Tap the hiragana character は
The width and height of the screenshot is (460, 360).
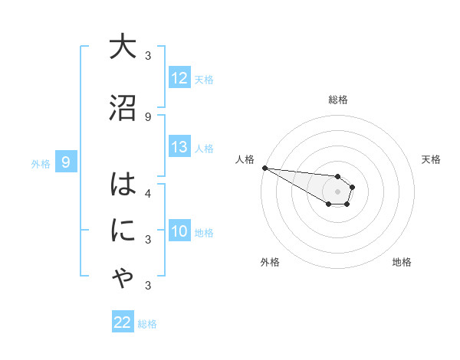[122, 186]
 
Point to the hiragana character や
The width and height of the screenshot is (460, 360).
[122, 280]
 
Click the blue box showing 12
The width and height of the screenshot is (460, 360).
[179, 78]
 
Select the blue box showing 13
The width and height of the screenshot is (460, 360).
[179, 148]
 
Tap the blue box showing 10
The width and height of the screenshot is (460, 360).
[179, 231]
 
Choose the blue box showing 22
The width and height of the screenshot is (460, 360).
[123, 322]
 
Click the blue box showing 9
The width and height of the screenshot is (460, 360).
[67, 162]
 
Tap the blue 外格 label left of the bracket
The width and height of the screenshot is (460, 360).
[40, 162]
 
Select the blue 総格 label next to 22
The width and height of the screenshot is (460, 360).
[147, 323]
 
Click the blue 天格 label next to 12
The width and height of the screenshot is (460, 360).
[204, 79]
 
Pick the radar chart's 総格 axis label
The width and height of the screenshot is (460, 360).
[338, 100]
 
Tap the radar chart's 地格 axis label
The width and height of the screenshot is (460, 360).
[402, 262]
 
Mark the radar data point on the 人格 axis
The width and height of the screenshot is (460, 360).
[264, 168]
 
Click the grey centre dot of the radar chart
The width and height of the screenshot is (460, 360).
[337, 191]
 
